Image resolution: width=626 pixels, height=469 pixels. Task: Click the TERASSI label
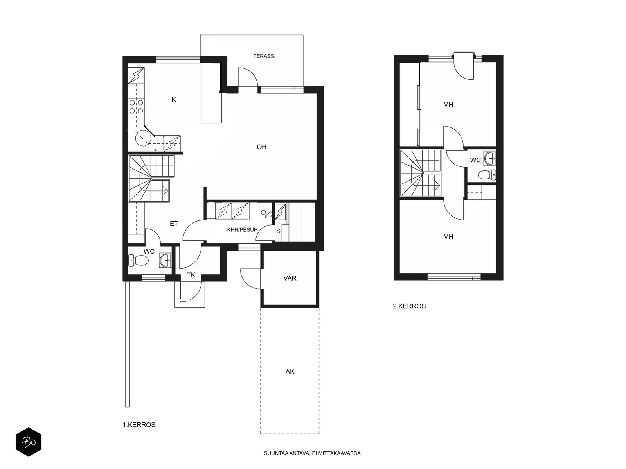tap(264, 56)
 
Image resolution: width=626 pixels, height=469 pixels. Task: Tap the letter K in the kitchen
tap(174, 100)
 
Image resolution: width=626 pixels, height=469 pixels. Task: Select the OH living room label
tap(261, 147)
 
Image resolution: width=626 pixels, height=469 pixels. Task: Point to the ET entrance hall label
tap(174, 224)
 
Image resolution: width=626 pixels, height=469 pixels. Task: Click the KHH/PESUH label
tap(243, 230)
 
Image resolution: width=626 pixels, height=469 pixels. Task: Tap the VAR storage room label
tap(290, 278)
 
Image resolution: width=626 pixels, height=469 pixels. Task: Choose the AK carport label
tap(290, 371)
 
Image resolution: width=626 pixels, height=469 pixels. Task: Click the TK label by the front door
tap(191, 275)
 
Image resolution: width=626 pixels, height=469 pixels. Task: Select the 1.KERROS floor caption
tap(139, 425)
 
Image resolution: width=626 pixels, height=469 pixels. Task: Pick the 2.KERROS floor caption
tap(409, 306)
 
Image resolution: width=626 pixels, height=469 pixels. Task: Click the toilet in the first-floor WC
tap(139, 260)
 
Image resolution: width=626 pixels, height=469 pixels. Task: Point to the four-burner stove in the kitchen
tap(136, 106)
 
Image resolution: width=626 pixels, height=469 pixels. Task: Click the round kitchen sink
tap(142, 138)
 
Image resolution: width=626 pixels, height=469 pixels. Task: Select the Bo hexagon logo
tap(29, 442)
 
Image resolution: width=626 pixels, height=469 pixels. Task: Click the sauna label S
tap(278, 231)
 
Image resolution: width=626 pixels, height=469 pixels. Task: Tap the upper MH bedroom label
tap(448, 105)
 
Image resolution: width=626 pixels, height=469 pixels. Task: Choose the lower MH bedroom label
tap(448, 237)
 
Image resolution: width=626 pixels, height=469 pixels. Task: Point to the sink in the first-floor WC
tap(166, 260)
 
